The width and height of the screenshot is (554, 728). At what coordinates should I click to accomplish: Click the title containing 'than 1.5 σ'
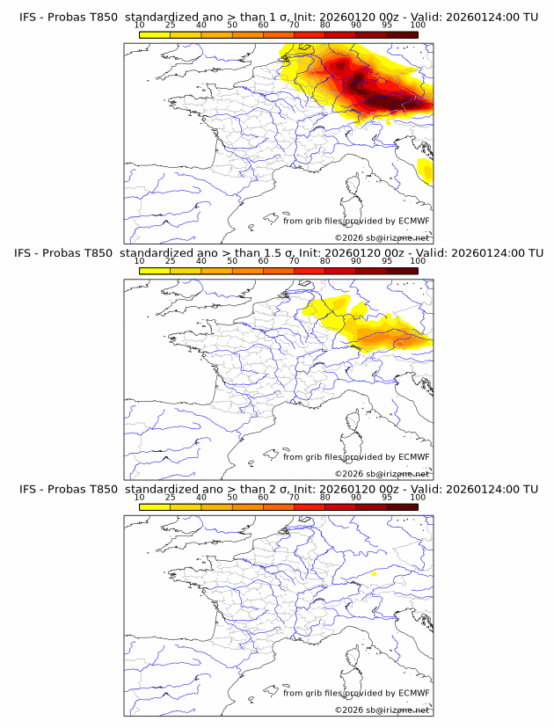tap(277, 253)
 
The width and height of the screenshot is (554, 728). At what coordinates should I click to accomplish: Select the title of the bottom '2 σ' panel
tap(277, 489)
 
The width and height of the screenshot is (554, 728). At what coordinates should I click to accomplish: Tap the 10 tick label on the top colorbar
tap(139, 25)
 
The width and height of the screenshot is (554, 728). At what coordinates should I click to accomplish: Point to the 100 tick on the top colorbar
tap(418, 25)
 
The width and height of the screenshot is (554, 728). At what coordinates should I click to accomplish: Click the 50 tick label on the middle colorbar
tap(232, 261)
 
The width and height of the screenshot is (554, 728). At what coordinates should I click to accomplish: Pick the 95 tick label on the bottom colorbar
tap(387, 498)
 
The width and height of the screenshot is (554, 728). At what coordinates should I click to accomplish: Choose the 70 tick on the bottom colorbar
tap(294, 498)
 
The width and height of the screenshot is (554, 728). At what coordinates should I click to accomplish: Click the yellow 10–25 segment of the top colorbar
tap(155, 34)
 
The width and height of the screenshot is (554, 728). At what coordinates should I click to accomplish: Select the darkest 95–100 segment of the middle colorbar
tap(402, 271)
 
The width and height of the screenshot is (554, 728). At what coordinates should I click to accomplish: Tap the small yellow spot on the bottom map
tap(374, 574)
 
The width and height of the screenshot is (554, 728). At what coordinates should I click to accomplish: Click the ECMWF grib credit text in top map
tap(355, 221)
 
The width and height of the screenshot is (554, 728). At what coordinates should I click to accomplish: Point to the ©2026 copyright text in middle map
tap(382, 473)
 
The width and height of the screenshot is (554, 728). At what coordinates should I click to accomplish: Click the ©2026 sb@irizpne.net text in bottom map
tap(382, 710)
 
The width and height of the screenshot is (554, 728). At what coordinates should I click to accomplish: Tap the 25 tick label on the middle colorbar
tap(170, 261)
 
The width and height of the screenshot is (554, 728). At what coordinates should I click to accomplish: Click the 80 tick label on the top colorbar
tap(325, 25)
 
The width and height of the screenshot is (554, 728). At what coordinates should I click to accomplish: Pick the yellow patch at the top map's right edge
tap(426, 170)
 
